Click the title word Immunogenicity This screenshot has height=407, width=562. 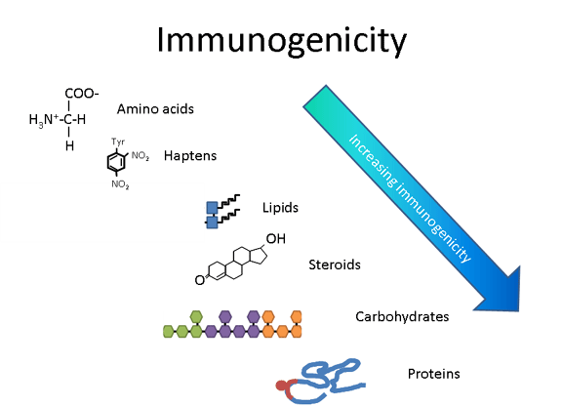282,41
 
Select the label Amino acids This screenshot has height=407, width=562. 155,109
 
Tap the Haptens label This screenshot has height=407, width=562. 190,156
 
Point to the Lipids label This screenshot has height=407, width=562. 280,208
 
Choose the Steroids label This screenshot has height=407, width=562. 335,265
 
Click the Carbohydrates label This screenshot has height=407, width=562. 402,316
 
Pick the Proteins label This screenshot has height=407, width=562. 433,374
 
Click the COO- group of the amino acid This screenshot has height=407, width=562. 82,94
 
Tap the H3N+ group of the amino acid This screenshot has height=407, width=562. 44,120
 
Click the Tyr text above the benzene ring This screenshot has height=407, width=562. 118,142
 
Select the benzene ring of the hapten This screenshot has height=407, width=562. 116,162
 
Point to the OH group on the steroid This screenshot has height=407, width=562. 275,239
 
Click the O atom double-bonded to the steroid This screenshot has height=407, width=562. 199,280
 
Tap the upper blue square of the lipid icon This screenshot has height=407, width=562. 212,207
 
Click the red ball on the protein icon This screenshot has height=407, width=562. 282,386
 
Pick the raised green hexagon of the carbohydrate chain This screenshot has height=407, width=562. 196,317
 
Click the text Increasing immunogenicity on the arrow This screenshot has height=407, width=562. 410,198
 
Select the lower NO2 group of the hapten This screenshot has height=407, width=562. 120,184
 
